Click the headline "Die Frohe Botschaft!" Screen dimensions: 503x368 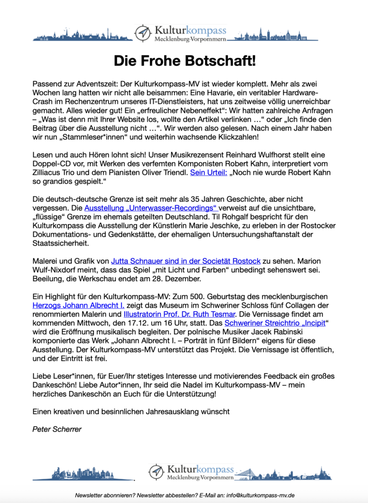(x=185, y=61)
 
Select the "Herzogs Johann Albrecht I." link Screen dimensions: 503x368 (x=78, y=306)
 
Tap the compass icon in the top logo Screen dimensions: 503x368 (x=142, y=33)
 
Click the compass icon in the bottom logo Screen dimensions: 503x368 (x=156, y=472)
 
